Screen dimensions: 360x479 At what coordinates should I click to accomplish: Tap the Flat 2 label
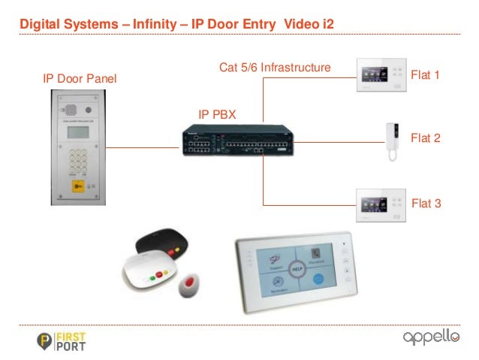pyautogui.click(x=425, y=138)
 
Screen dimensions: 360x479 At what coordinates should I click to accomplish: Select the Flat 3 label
pyautogui.click(x=425, y=203)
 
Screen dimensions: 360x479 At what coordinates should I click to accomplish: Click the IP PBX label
pyautogui.click(x=216, y=114)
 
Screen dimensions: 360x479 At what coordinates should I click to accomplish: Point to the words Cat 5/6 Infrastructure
pyautogui.click(x=275, y=68)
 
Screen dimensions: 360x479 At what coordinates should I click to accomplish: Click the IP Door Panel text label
pyautogui.click(x=80, y=80)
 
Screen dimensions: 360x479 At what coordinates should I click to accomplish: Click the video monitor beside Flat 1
pyautogui.click(x=381, y=75)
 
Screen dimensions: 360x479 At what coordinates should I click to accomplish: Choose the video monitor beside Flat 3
pyautogui.click(x=381, y=204)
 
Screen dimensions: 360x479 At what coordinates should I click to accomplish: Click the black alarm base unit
pyautogui.click(x=162, y=242)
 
